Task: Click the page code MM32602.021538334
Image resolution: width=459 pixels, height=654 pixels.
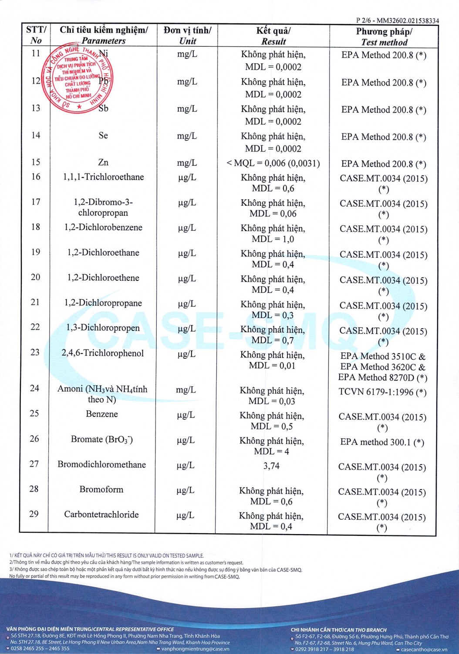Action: click(408, 20)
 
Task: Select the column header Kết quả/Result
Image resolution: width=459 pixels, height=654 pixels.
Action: click(273, 36)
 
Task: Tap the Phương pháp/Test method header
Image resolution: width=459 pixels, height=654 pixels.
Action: click(384, 37)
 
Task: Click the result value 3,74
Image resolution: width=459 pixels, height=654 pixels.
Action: click(271, 466)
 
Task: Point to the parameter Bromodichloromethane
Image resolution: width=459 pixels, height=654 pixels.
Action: click(101, 465)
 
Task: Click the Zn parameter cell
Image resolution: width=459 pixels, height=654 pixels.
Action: click(103, 163)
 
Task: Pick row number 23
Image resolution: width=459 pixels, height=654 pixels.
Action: click(35, 352)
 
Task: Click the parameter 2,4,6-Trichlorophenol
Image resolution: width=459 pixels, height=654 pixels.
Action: click(102, 353)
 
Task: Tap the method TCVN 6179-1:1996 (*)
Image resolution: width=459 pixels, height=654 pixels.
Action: click(382, 392)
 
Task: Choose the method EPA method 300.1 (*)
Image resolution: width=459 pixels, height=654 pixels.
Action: click(382, 442)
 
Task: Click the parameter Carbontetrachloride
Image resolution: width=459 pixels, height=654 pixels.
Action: click(101, 514)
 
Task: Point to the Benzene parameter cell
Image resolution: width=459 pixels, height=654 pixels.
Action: click(102, 414)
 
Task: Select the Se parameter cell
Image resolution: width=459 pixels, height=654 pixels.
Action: click(103, 136)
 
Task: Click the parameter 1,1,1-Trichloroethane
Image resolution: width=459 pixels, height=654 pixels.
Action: click(103, 177)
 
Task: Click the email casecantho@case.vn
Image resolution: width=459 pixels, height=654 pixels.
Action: click(424, 650)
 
